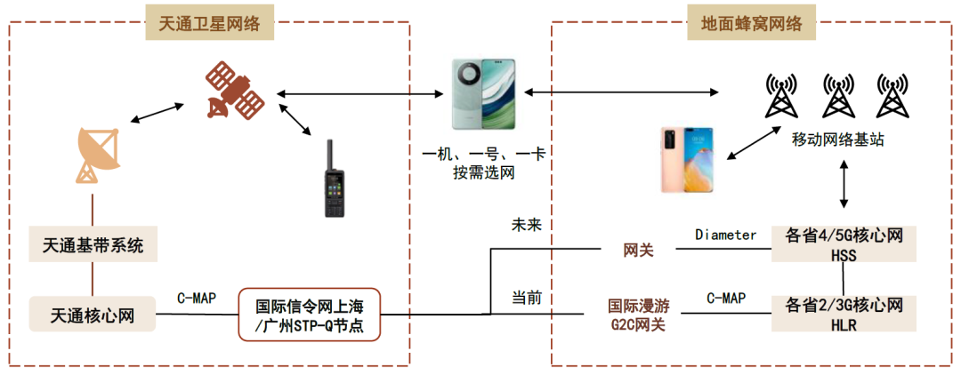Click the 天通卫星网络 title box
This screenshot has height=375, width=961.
pos(209,24)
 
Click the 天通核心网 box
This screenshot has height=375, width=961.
pos(93,314)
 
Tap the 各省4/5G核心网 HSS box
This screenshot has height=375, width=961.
pos(844,244)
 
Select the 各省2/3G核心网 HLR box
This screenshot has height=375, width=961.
pos(844,314)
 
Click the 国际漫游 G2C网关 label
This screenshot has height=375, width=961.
pos(638,315)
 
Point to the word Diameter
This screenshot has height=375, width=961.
pos(725,235)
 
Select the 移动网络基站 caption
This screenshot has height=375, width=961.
pos(838,140)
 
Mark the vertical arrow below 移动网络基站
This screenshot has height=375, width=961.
pos(844,187)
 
